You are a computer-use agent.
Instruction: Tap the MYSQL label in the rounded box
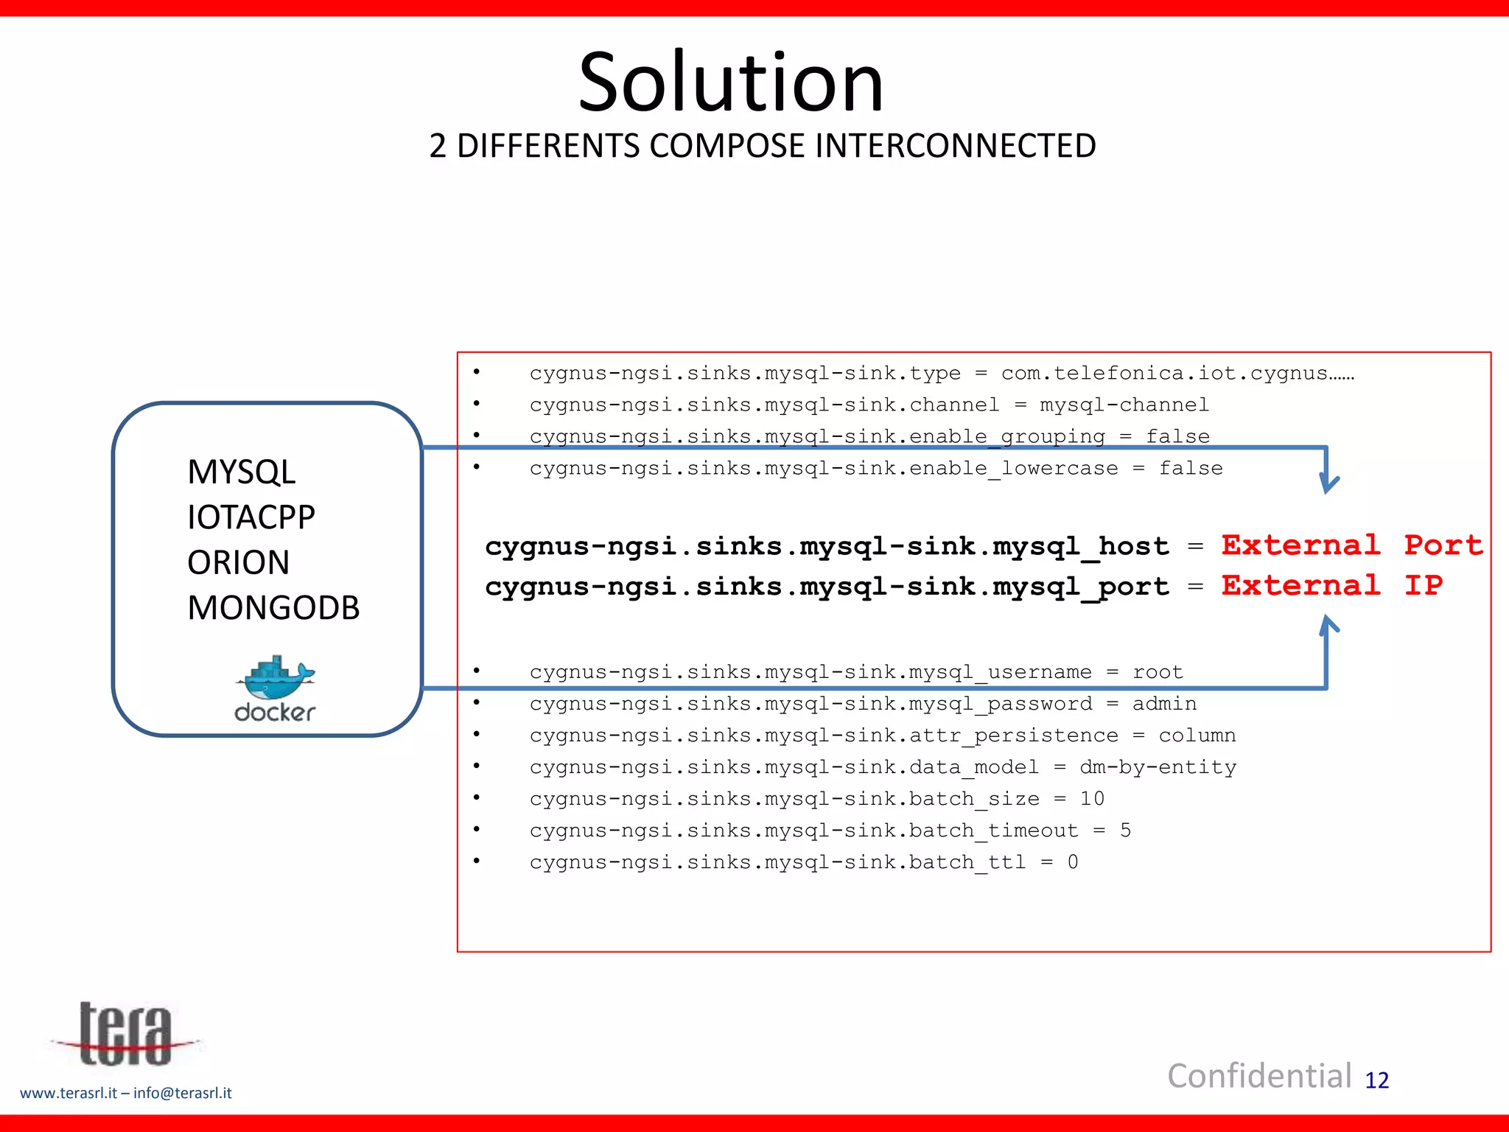[x=241, y=472]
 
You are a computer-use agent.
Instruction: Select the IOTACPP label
[x=251, y=517]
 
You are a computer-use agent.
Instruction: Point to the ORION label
[x=238, y=562]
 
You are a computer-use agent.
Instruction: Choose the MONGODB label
[x=273, y=608]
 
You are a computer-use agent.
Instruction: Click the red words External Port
[x=1351, y=545]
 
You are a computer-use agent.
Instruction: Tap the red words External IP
[x=1331, y=585]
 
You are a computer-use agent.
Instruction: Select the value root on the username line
[x=1157, y=672]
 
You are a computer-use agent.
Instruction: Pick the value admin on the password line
[x=1163, y=704]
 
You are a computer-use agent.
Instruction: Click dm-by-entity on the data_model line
[x=1157, y=767]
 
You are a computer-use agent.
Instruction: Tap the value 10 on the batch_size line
[x=1091, y=799]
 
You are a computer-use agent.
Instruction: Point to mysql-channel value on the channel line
[x=1124, y=405]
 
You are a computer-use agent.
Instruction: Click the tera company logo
[x=125, y=1035]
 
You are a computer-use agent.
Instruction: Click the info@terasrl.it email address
[x=182, y=1093]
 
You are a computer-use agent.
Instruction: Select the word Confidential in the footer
[x=1259, y=1076]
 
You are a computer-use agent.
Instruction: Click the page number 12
[x=1376, y=1080]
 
